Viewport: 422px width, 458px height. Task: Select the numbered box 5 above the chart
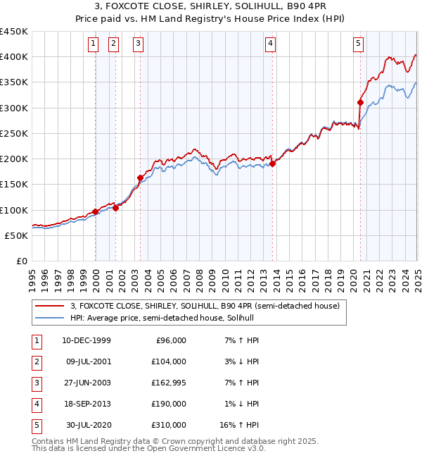tap(358, 44)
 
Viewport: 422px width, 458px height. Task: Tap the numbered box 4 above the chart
tap(270, 44)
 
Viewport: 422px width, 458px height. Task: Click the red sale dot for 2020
tap(360, 102)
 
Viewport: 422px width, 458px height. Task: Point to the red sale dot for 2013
tap(272, 164)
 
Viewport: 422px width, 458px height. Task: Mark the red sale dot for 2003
tap(140, 178)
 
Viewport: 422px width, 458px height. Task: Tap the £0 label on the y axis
tap(21, 261)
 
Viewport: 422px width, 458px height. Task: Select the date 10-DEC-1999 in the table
tap(87, 341)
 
